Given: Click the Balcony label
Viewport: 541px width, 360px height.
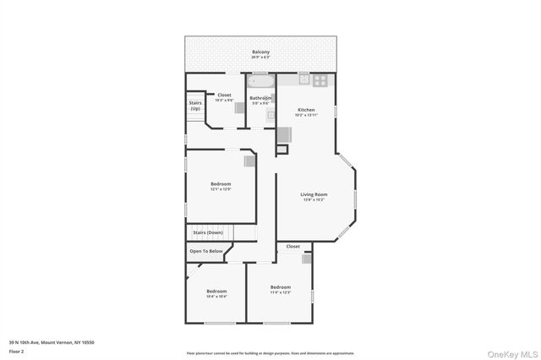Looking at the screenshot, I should click(261, 52).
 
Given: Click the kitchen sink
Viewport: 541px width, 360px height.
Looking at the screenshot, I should click(303, 80).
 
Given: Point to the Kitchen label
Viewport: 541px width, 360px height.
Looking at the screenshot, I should click(306, 110).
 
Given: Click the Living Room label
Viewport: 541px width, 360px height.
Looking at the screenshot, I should click(314, 194).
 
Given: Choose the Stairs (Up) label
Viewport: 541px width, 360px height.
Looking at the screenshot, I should click(195, 106).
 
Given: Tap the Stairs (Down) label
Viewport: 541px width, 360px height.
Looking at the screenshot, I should click(208, 232).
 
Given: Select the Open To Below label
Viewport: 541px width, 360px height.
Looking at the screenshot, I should click(206, 251).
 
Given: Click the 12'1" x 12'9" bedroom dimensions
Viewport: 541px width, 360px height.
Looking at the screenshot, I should click(221, 189).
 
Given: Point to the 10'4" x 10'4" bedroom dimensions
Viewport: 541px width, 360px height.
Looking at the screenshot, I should click(216, 297).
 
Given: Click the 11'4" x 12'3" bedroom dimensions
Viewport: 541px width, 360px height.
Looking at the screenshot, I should click(281, 292).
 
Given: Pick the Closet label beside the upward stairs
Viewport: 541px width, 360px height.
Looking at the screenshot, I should click(224, 95).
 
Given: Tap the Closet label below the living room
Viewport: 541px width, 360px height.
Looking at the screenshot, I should click(292, 247).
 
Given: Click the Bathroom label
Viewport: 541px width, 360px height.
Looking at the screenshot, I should click(260, 98).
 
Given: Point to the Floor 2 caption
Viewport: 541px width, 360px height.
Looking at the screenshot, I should click(18, 349).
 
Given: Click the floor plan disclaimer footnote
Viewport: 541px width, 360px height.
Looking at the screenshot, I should click(270, 353).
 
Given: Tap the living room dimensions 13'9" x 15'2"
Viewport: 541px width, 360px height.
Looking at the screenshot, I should click(314, 200).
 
